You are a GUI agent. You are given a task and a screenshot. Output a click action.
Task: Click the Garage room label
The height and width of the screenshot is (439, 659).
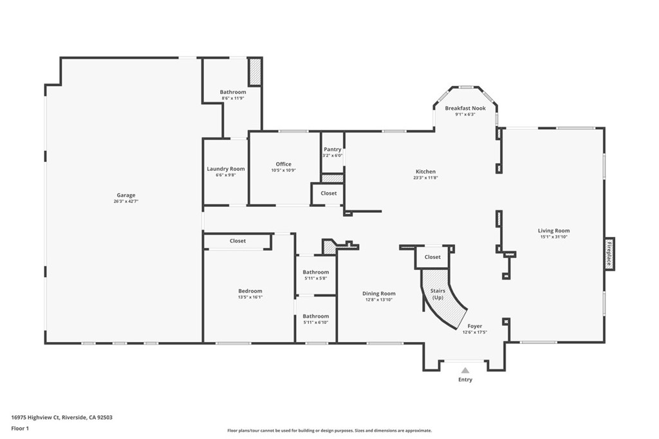click(x=125, y=195)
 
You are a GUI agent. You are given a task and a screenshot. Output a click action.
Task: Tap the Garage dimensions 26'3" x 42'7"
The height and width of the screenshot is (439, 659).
click(x=125, y=201)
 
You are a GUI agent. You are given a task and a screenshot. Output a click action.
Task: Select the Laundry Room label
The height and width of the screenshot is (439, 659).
click(x=225, y=169)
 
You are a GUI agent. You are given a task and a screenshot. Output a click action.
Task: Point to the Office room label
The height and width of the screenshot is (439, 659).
click(x=283, y=164)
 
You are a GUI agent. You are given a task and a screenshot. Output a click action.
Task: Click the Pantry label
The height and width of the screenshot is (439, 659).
click(x=332, y=149)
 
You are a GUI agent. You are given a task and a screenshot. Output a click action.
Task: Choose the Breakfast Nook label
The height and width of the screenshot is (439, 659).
click(x=465, y=108)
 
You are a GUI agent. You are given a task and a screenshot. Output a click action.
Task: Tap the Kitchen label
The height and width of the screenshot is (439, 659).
click(x=425, y=172)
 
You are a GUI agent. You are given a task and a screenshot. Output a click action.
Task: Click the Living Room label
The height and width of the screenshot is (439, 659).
click(x=553, y=231)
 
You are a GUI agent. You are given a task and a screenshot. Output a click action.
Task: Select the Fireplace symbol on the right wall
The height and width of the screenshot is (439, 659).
click(x=609, y=254)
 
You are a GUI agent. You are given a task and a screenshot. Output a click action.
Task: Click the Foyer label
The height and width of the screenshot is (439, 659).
click(x=474, y=326)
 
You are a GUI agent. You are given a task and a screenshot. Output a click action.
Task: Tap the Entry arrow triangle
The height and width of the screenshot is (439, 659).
click(x=465, y=370)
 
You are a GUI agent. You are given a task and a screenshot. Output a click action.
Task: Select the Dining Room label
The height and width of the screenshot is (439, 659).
click(x=378, y=293)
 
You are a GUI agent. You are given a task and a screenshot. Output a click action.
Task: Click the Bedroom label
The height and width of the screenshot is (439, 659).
click(x=250, y=291)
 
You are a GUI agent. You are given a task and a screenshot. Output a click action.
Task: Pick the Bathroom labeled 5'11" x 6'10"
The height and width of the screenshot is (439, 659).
click(x=315, y=316)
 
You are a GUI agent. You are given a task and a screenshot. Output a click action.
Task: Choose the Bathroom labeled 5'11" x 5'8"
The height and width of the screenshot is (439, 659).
click(x=315, y=272)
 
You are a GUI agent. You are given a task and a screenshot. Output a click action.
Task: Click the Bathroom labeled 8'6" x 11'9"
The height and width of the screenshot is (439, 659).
click(x=232, y=92)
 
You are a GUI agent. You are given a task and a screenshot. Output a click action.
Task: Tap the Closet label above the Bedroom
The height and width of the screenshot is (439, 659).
click(x=237, y=241)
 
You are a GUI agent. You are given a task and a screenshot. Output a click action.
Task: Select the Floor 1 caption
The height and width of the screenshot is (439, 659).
click(x=20, y=428)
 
